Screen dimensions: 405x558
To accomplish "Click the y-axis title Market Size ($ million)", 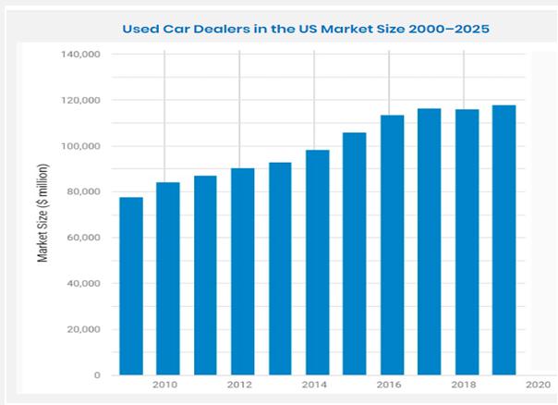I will click(x=42, y=214).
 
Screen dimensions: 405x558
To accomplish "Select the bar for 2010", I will click(x=167, y=278).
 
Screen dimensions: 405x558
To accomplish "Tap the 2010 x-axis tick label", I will click(x=166, y=383).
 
